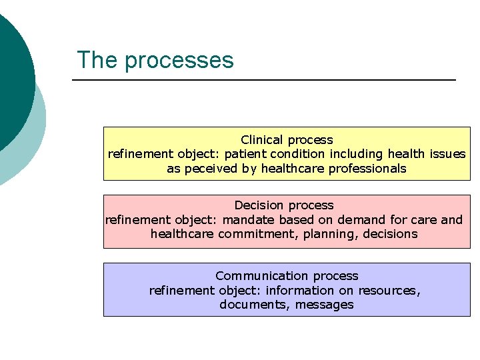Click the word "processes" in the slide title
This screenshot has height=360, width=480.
tap(179, 61)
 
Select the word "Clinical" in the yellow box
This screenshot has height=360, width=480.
tap(263, 140)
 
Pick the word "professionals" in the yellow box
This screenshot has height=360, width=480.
tap(366, 169)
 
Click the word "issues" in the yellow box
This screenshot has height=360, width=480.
tap(447, 154)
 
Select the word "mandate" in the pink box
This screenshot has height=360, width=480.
tap(249, 220)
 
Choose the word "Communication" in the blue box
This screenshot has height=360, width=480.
tap(253, 276)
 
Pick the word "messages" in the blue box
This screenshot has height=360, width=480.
tap(327, 305)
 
